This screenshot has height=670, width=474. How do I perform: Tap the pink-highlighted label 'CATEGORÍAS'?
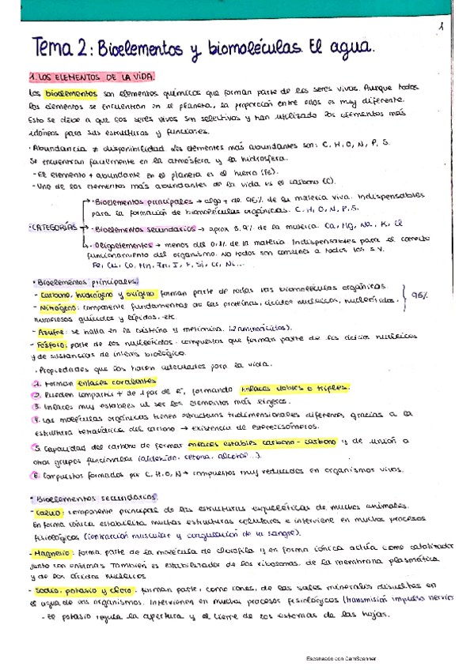click(x=51, y=228)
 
